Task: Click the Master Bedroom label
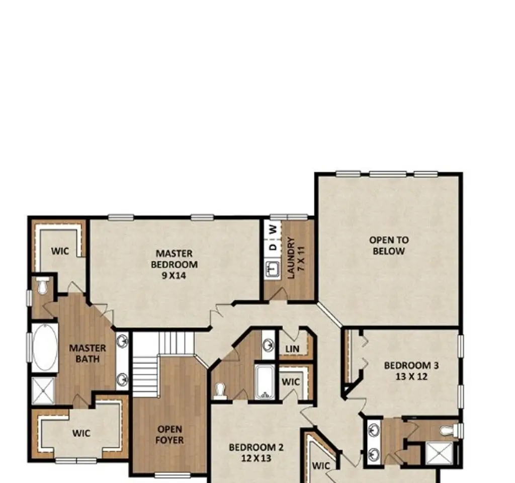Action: coord(174,264)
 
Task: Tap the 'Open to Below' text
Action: coord(389,246)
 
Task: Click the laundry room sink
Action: coord(272,269)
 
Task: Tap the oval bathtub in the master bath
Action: coord(45,347)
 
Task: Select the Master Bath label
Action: coord(88,353)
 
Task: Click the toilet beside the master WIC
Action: coord(42,286)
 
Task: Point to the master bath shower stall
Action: coord(43,390)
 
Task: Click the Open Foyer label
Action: coord(169,434)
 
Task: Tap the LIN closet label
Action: coord(292,349)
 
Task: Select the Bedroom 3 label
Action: coord(411,371)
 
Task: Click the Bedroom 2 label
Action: coord(256,452)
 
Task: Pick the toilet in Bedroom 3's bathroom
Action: coord(452,431)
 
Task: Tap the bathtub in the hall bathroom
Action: coord(265,382)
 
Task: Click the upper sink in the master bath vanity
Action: coord(123,341)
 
